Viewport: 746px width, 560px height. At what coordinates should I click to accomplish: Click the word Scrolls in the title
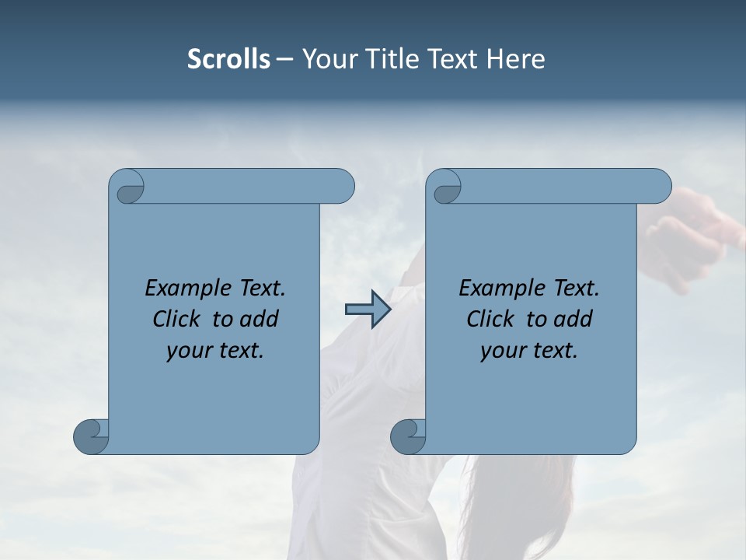(x=228, y=59)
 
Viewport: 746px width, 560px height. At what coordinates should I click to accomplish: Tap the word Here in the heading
(x=515, y=59)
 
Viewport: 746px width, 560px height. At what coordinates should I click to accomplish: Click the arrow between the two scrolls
(x=368, y=310)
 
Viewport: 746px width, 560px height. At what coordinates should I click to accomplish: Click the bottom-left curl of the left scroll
(x=92, y=436)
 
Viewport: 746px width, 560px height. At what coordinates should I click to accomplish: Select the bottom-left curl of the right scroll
(x=408, y=436)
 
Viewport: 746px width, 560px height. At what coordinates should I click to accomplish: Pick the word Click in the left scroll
(x=177, y=319)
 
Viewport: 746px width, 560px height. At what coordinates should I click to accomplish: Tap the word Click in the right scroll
(x=490, y=319)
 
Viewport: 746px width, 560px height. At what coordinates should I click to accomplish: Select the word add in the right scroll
(x=573, y=319)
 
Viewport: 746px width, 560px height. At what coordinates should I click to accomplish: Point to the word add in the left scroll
(x=260, y=319)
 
